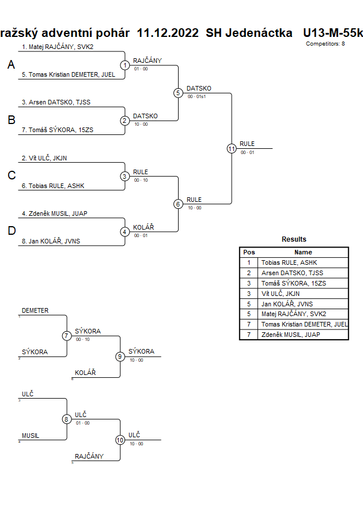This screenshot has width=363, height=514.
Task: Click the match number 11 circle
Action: [x=232, y=148]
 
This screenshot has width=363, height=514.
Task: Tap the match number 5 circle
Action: [x=178, y=93]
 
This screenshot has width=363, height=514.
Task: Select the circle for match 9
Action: [x=120, y=357]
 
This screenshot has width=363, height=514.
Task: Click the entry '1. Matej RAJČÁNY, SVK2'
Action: [x=58, y=47]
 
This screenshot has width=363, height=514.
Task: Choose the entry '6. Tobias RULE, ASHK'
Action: [x=53, y=186]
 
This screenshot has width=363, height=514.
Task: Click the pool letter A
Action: [x=11, y=65]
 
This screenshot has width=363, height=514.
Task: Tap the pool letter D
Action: [x=11, y=231]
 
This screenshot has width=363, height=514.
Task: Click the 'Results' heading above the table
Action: [x=294, y=239]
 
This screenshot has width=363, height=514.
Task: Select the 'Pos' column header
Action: [x=249, y=252]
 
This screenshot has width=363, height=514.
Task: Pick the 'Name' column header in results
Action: [x=303, y=252]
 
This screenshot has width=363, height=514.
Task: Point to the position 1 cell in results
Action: [x=249, y=262]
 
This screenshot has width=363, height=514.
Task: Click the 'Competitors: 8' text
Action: [x=326, y=43]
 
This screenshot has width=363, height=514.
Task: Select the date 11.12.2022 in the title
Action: [x=168, y=33]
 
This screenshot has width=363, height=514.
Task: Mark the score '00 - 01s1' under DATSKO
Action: [x=199, y=97]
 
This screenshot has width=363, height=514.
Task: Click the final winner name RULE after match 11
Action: [x=247, y=144]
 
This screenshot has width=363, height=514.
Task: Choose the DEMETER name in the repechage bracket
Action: [x=35, y=310]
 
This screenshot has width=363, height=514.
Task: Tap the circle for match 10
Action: [x=120, y=440]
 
